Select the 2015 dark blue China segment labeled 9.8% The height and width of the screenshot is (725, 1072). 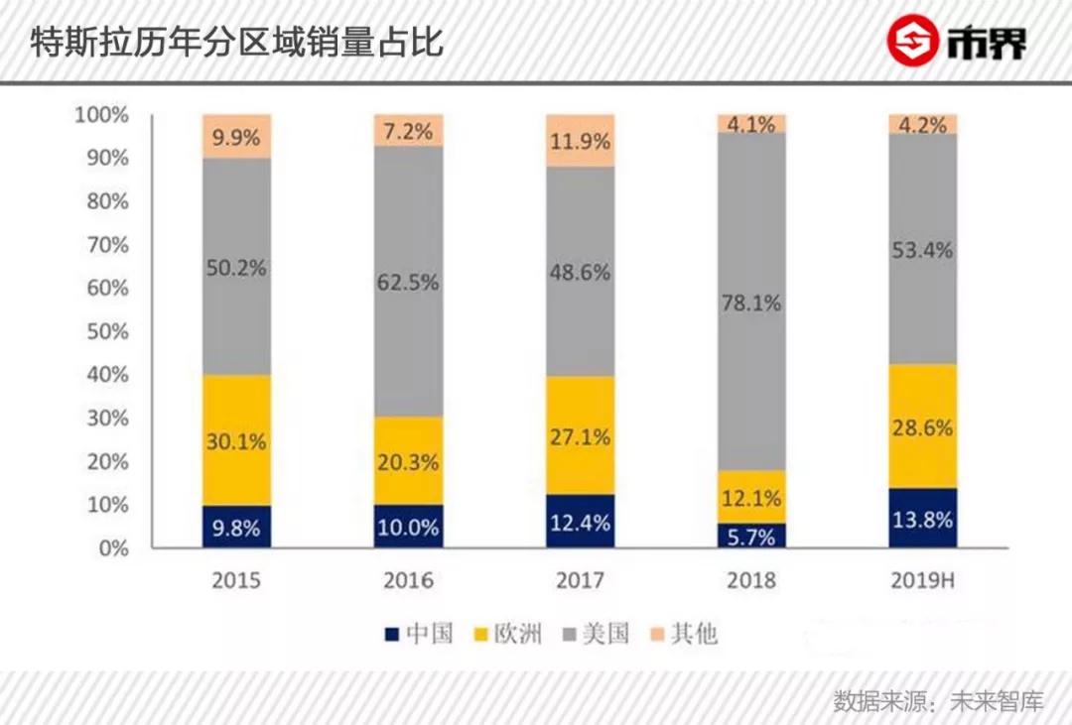(x=236, y=527)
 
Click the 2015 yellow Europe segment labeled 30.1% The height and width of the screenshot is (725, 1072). (x=236, y=440)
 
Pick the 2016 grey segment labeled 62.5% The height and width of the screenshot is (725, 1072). (x=408, y=282)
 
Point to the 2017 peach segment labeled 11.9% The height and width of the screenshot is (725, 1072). (x=581, y=141)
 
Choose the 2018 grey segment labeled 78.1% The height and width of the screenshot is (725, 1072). (x=752, y=302)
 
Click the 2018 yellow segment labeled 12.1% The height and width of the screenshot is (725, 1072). (x=752, y=497)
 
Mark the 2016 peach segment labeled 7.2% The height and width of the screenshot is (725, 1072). (x=408, y=130)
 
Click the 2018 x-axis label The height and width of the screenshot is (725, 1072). (x=752, y=579)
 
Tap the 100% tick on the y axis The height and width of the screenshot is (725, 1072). (x=102, y=115)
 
